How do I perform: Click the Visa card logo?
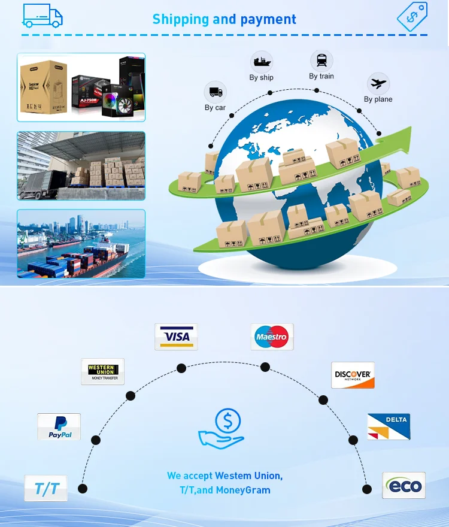click(x=176, y=337)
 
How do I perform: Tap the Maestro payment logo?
click(x=272, y=337)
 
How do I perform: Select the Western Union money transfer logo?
click(x=102, y=371)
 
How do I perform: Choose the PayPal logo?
click(x=59, y=426)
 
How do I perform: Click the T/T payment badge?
click(x=46, y=488)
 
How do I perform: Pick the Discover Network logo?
click(x=353, y=375)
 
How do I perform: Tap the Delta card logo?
click(x=389, y=426)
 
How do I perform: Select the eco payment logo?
click(x=404, y=485)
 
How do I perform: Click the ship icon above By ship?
click(x=262, y=62)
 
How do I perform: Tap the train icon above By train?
click(x=321, y=60)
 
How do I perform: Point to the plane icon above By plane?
click(x=378, y=83)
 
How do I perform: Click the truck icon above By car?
click(x=216, y=92)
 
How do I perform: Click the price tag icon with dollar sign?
click(x=412, y=16)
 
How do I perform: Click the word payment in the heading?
click(x=269, y=19)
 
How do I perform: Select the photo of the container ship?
click(x=81, y=243)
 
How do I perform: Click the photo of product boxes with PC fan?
click(x=81, y=87)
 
